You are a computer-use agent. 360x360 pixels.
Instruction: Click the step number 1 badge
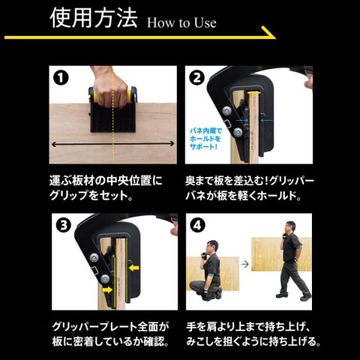pos(61,78)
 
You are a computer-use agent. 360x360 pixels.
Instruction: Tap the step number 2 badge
pos(197,78)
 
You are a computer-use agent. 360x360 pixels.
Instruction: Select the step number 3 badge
pos(64,225)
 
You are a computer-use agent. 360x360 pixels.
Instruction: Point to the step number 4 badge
pos(197,225)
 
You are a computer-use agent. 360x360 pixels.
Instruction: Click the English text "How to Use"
pos(181,23)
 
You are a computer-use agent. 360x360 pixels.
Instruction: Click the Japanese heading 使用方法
pos(94,18)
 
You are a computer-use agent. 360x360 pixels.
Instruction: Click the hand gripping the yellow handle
pos(110,88)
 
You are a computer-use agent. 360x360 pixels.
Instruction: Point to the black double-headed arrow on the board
pos(113,144)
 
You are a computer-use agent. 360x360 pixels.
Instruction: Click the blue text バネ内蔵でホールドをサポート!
pos(205,139)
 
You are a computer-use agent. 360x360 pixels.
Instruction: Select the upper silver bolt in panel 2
pos(227,110)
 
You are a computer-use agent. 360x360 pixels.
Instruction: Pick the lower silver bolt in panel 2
pos(238,131)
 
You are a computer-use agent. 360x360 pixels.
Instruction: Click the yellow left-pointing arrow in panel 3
pos(134,268)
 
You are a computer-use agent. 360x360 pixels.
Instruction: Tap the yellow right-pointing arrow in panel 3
pos(107,289)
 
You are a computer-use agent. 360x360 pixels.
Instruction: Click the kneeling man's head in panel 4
pos(212,247)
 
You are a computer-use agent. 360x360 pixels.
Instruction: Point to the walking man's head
pos(289,227)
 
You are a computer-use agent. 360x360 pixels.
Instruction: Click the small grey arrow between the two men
pos(245,264)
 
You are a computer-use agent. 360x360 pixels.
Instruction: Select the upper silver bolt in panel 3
pos(94,257)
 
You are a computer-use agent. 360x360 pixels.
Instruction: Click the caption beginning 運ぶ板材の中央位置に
pos(106,188)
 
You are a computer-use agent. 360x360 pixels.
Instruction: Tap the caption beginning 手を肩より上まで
pos(253,334)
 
